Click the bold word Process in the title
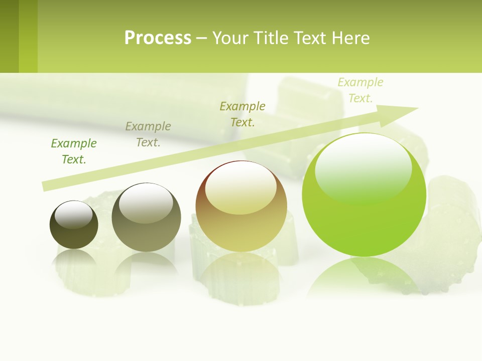tap(158, 38)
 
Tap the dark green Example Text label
tap(74, 151)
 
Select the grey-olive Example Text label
tap(148, 134)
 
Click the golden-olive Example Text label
tap(243, 114)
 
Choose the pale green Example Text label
tap(360, 90)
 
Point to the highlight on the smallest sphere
tap(74, 215)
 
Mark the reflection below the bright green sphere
tap(364, 276)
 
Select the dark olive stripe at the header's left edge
tap(9, 36)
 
